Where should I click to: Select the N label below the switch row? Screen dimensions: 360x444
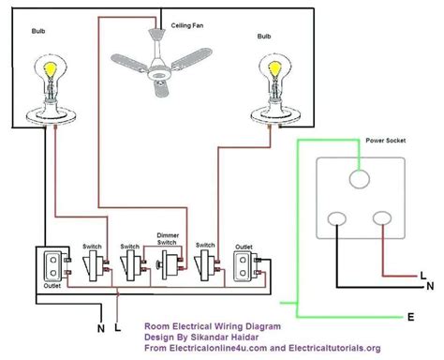(99, 328)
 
